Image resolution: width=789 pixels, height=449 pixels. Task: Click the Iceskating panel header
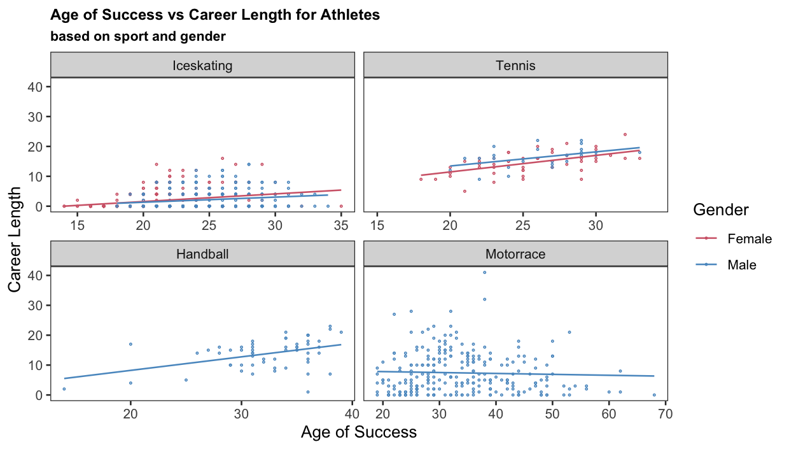202,66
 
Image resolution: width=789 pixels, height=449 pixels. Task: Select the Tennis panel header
515,66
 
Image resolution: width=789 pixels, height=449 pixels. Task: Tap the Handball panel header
202,254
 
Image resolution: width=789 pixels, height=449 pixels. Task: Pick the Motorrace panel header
515,254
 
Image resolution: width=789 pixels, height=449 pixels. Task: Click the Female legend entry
749,239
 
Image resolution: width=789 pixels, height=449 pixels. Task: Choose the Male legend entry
741,264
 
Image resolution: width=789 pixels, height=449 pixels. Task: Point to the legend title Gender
720,210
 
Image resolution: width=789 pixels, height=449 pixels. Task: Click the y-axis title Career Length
15,240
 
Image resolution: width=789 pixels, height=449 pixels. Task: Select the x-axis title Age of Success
358,432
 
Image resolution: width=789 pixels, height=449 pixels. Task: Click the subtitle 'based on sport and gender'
137,36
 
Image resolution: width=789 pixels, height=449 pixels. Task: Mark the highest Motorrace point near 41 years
484,273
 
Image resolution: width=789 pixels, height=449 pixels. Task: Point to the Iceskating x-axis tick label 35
341,225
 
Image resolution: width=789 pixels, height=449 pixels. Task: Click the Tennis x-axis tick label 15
377,225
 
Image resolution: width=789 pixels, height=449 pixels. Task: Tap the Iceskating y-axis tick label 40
37,87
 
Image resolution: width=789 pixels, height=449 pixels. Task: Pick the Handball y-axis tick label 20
37,335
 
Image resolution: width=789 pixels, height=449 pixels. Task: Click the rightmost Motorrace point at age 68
654,395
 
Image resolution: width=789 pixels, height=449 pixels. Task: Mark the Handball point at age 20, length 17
130,344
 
